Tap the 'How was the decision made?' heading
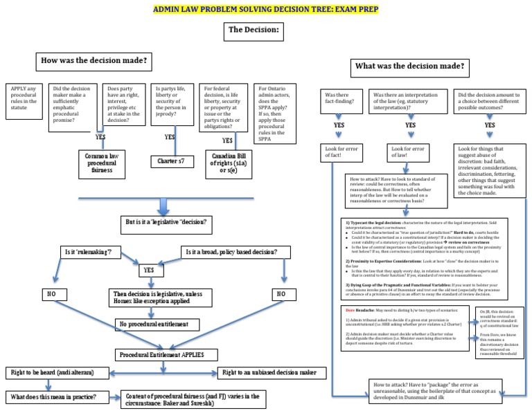click(x=94, y=61)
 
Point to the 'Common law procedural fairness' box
click(x=104, y=161)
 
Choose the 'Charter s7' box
click(x=170, y=162)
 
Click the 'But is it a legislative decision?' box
click(x=166, y=226)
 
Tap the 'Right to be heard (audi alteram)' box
click(x=58, y=372)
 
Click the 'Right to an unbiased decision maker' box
click(x=272, y=372)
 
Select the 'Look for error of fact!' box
click(x=339, y=154)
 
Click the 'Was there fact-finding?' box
click(x=339, y=98)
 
